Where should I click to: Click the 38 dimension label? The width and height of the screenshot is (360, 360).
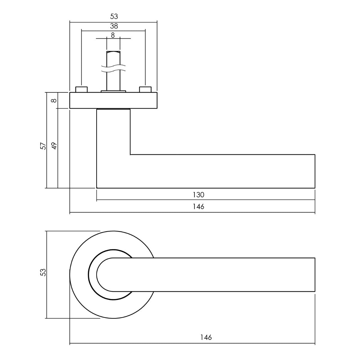pos(114,26)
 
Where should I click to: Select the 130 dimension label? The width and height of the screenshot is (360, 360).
pos(198,195)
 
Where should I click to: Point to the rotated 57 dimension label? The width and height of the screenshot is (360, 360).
pos(43,146)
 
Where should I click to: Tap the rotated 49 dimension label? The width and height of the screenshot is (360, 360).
pos(54,146)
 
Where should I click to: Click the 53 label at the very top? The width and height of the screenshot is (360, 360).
pos(114,16)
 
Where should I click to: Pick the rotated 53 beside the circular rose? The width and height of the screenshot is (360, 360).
pos(43,273)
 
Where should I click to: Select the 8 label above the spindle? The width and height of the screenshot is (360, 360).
pos(113,35)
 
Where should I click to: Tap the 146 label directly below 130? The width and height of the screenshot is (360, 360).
pos(198,207)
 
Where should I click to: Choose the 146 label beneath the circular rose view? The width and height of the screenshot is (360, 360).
pos(206,337)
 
